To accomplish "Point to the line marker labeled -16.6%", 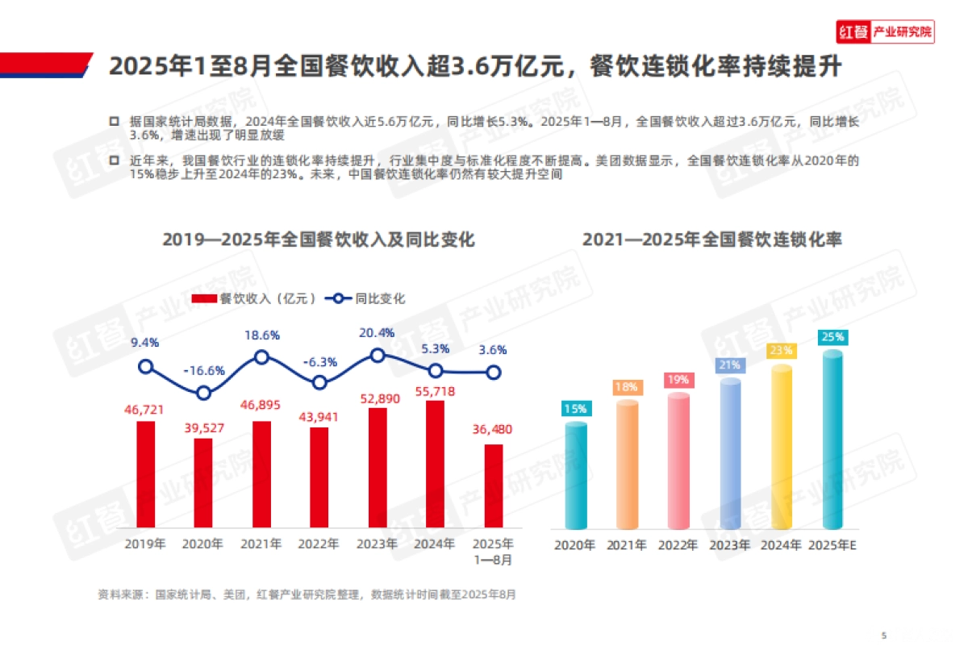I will [x=203, y=393].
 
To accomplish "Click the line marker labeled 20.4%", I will [x=378, y=355].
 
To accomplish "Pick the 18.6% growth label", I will [x=261, y=335].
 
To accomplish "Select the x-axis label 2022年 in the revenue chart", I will [x=319, y=544].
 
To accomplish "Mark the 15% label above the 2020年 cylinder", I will [x=575, y=409].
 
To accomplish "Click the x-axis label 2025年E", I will [x=832, y=545].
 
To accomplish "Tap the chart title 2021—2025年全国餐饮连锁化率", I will [x=712, y=240].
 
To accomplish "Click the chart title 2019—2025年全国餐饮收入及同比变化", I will [x=319, y=240].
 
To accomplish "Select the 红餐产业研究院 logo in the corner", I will [x=885, y=32].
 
